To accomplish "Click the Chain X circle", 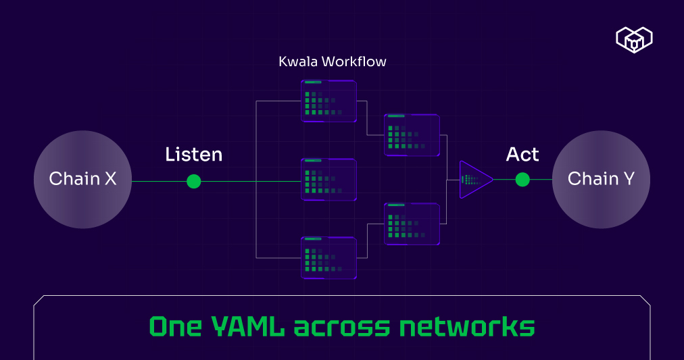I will click(x=82, y=179).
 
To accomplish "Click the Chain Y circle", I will click(x=601, y=179).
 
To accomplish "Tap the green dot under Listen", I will click(x=194, y=181).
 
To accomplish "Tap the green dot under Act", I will click(x=522, y=179).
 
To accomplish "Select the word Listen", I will click(x=193, y=155).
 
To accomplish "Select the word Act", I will click(x=522, y=155).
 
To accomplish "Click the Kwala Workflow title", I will click(x=333, y=61).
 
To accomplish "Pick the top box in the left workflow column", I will click(x=328, y=101).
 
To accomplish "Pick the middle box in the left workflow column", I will click(x=328, y=180).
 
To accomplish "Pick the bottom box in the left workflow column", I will click(x=328, y=258).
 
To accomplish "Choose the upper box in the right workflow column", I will click(x=412, y=135).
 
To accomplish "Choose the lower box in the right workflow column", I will click(x=412, y=224).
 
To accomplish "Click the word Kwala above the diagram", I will click(x=298, y=61).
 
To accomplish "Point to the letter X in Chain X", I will click(x=109, y=179).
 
